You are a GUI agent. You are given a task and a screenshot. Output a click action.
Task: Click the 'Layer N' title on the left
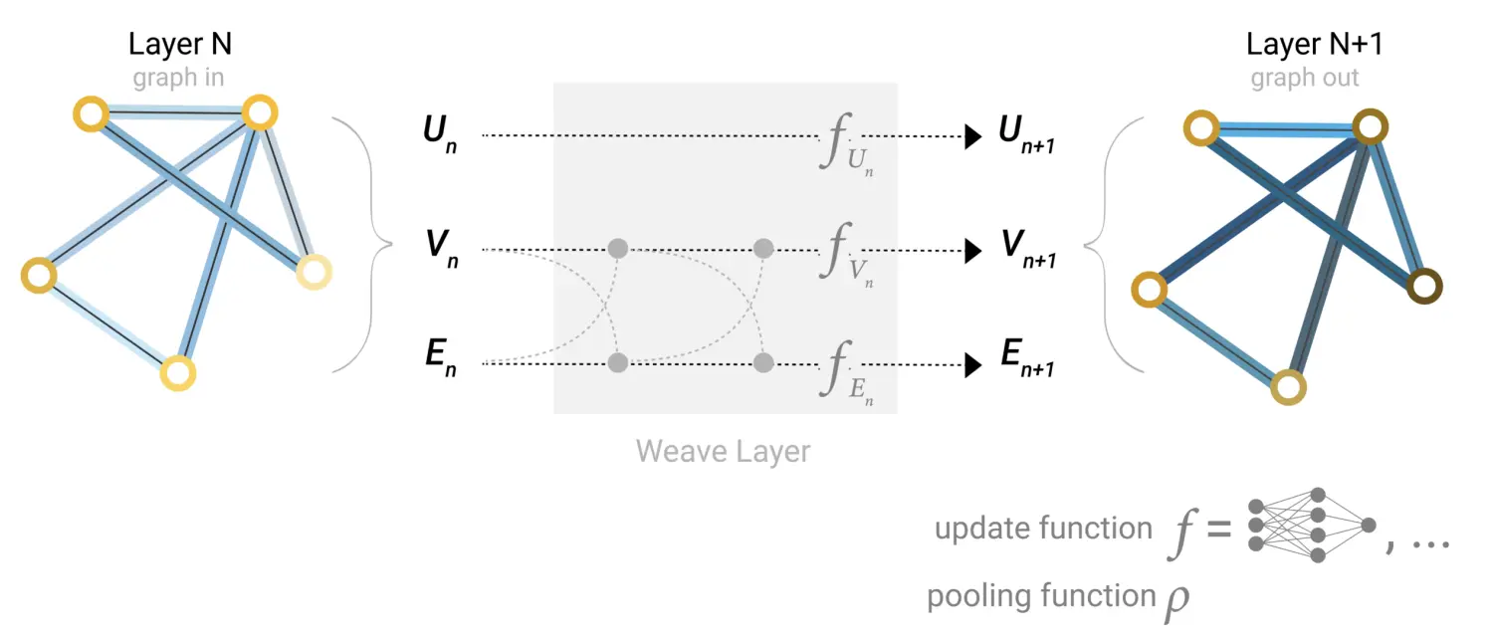[179, 45]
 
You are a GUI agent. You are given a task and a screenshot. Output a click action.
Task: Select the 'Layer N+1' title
[1314, 45]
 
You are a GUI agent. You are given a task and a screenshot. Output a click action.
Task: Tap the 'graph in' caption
[178, 78]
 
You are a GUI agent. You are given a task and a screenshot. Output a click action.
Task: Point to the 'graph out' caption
[1305, 78]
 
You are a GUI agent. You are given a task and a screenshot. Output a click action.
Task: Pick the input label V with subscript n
[438, 250]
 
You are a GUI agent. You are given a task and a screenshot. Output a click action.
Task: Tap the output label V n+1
[1026, 251]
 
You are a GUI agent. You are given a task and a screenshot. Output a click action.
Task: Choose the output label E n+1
[1026, 365]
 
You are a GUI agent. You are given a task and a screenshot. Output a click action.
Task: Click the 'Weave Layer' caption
[724, 451]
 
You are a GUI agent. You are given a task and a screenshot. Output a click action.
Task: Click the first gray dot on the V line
[617, 248]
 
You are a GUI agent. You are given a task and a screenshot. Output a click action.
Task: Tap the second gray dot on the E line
[763, 362]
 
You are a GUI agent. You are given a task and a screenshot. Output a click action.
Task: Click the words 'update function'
[1043, 528]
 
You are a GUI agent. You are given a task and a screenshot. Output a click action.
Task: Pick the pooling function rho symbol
[1176, 601]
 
